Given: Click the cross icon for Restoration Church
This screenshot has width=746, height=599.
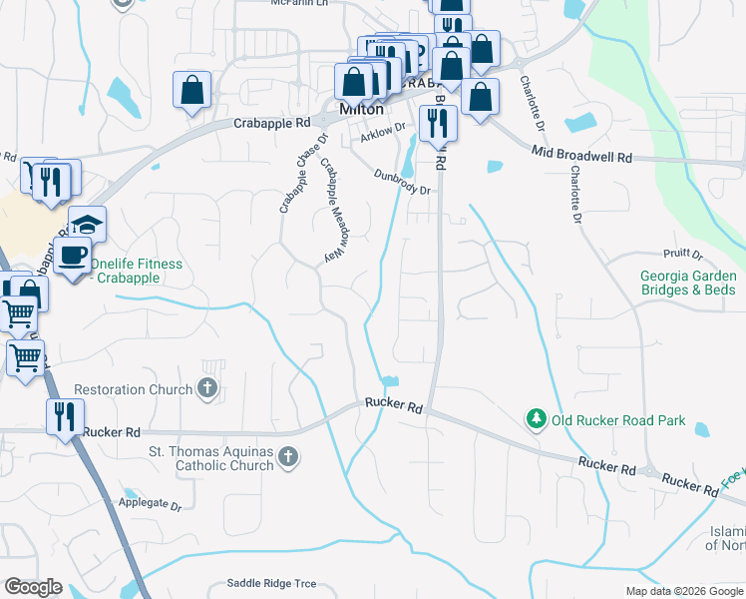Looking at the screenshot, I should (207, 388).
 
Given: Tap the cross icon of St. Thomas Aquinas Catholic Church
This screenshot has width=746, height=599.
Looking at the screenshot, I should (288, 458).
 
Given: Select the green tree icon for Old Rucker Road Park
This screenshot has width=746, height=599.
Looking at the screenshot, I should (537, 420).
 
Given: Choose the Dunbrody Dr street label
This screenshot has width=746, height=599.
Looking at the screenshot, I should (402, 183).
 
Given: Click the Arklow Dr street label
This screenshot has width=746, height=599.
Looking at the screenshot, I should (384, 128).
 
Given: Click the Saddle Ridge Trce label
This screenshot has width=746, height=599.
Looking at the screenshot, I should (271, 583).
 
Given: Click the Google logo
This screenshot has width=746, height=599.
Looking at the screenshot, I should (33, 587).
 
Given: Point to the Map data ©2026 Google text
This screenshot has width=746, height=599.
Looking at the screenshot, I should (683, 591).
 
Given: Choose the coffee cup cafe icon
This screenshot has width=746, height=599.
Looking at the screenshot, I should (72, 256).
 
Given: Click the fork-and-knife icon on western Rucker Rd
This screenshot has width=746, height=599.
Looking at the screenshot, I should (65, 415).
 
